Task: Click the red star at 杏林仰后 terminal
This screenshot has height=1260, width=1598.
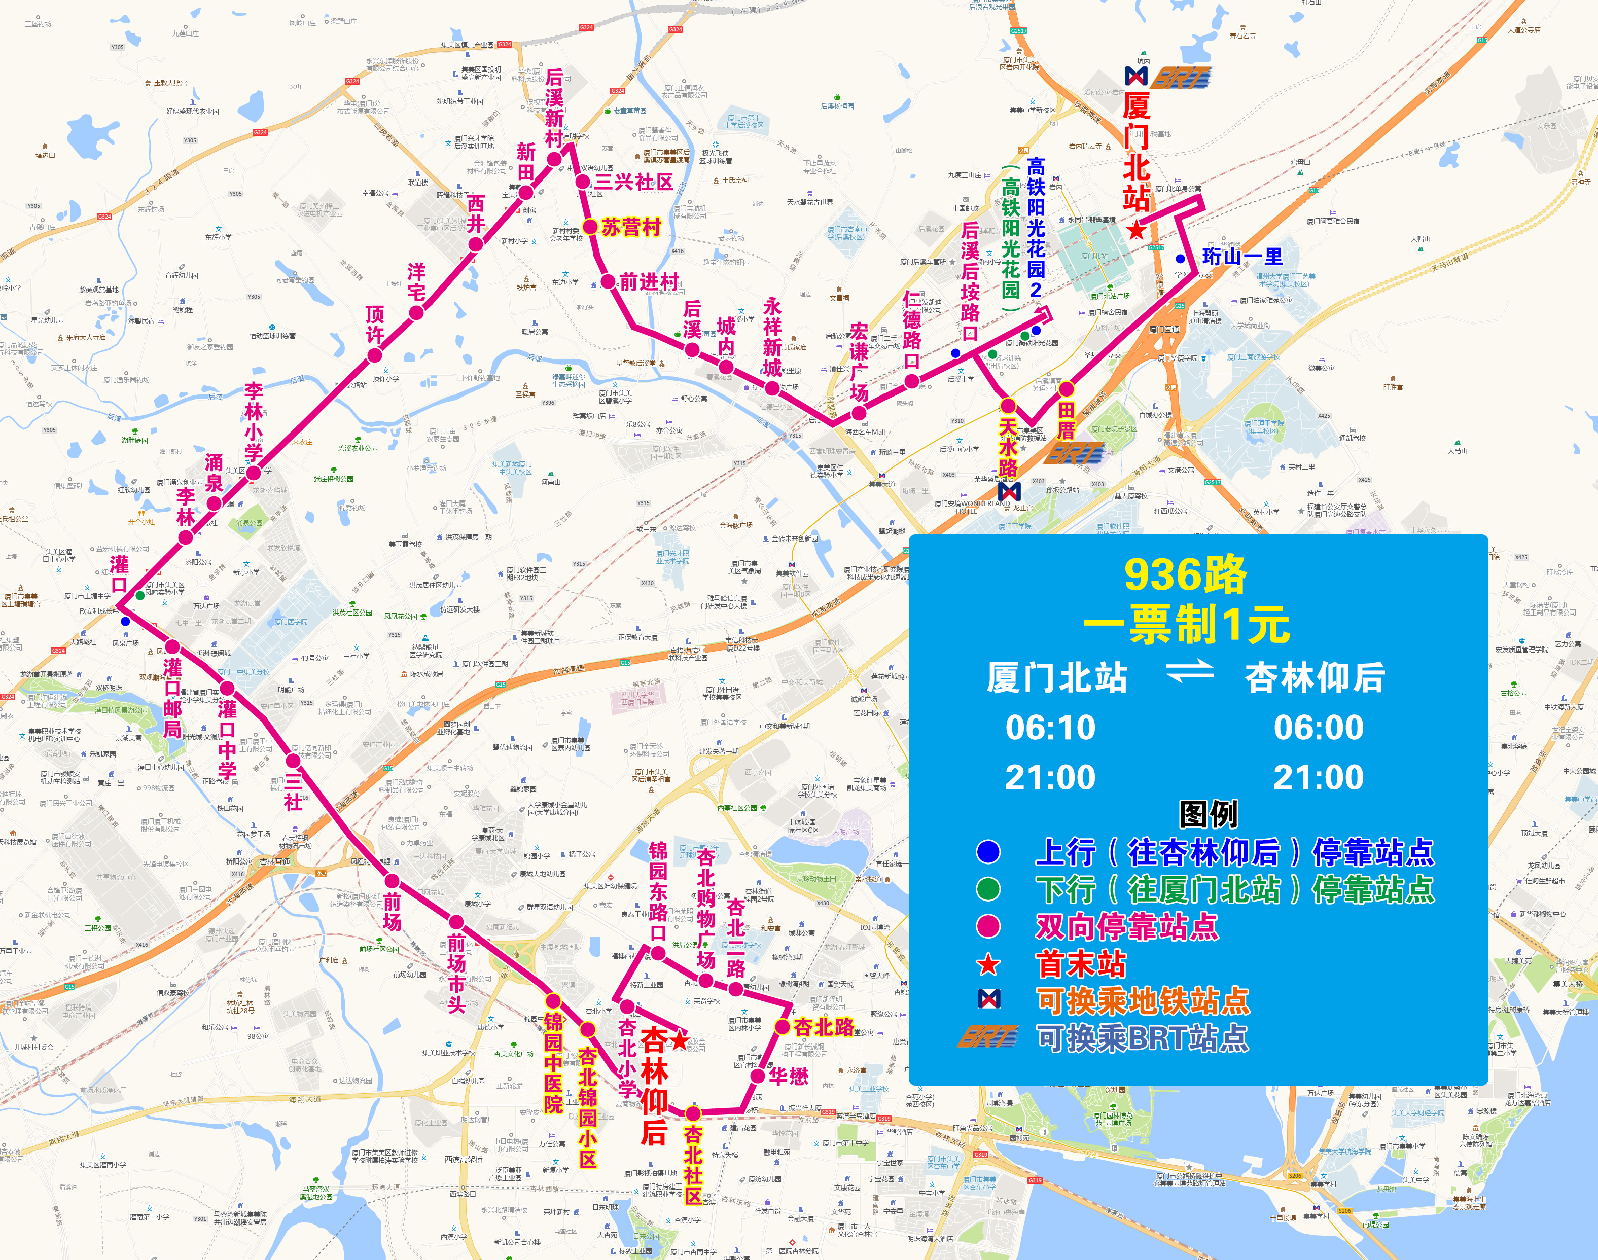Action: pyautogui.click(x=679, y=1041)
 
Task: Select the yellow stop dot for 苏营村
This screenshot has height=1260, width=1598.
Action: pyautogui.click(x=589, y=227)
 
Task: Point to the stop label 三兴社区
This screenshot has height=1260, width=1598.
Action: pyautogui.click(x=634, y=182)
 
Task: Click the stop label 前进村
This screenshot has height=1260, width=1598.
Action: pyautogui.click(x=649, y=282)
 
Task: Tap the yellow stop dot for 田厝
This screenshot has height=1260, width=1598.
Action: pyautogui.click(x=1067, y=389)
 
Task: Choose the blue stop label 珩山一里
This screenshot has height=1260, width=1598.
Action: pyautogui.click(x=1242, y=257)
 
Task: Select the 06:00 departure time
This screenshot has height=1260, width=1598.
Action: pyautogui.click(x=1319, y=728)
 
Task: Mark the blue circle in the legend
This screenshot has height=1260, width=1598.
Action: pyautogui.click(x=988, y=852)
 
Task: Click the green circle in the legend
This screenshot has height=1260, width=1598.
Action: pyautogui.click(x=988, y=889)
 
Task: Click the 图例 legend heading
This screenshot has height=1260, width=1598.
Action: pyautogui.click(x=1209, y=814)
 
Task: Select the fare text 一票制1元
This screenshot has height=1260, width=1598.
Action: pyautogui.click(x=1186, y=625)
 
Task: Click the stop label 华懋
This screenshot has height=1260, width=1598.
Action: pyautogui.click(x=789, y=1076)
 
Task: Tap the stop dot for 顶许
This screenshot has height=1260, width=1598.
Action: pyautogui.click(x=375, y=355)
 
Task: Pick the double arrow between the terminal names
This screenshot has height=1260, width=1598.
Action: pyautogui.click(x=1189, y=671)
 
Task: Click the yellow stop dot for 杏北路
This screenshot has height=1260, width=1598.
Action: pyautogui.click(x=782, y=1027)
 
